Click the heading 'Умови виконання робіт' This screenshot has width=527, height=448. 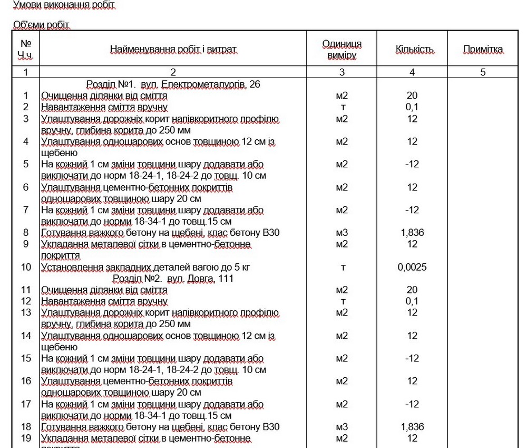pyautogui.click(x=63, y=5)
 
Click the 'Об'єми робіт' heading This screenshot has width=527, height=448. pyautogui.click(x=41, y=25)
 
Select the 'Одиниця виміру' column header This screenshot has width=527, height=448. pyautogui.click(x=341, y=49)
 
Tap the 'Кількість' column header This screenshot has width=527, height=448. pyautogui.click(x=415, y=50)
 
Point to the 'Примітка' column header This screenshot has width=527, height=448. pyautogui.click(x=483, y=50)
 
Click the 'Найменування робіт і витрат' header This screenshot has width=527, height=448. pyautogui.click(x=173, y=50)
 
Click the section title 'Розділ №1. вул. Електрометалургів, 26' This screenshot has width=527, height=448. pyautogui.click(x=173, y=84)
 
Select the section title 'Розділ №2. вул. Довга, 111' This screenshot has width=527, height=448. pyautogui.click(x=173, y=278)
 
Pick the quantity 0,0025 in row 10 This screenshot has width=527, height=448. pyautogui.click(x=412, y=267)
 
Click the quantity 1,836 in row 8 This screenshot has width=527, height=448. pyautogui.click(x=412, y=233)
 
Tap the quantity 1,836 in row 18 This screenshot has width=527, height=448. pyautogui.click(x=412, y=427)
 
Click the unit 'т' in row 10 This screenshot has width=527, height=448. pyautogui.click(x=343, y=267)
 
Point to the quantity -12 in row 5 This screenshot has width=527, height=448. pyautogui.click(x=412, y=164)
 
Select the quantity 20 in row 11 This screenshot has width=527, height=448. pyautogui.click(x=412, y=290)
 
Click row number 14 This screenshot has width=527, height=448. pyautogui.click(x=26, y=336)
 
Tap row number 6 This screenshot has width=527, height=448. pyautogui.click(x=26, y=187)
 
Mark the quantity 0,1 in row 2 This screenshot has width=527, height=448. pyautogui.click(x=412, y=107)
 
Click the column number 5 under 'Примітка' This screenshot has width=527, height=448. pyautogui.click(x=483, y=72)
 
